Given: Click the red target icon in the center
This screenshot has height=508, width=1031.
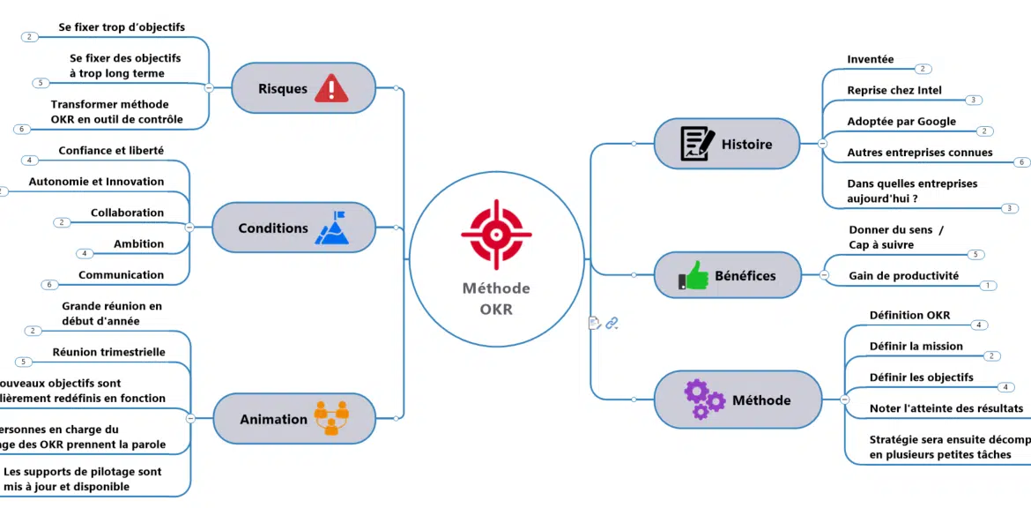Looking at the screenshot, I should click(x=496, y=234).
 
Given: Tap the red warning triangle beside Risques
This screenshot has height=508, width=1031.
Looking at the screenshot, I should click(x=331, y=88).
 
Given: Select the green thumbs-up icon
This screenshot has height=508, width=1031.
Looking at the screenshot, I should click(x=694, y=275).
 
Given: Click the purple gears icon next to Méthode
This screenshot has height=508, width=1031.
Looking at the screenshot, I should click(x=704, y=399).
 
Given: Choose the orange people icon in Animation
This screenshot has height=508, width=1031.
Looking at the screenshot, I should click(x=331, y=418).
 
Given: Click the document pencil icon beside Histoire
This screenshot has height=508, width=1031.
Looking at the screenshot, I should click(x=697, y=144).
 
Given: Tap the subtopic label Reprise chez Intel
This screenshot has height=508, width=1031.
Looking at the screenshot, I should click(x=894, y=90).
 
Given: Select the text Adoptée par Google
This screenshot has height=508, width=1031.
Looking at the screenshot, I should click(x=901, y=122).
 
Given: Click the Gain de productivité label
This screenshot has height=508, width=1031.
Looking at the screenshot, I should click(x=903, y=276).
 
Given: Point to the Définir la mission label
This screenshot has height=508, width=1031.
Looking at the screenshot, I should click(x=916, y=346).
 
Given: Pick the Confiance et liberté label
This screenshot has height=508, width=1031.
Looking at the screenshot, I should click(x=111, y=151).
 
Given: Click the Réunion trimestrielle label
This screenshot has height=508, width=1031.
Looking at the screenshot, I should click(x=108, y=352).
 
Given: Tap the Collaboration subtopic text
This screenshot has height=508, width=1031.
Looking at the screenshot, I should click(x=127, y=213).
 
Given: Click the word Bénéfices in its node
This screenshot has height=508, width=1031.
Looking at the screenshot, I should click(x=745, y=276).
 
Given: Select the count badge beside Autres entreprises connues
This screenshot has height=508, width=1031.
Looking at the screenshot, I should click(x=1022, y=162).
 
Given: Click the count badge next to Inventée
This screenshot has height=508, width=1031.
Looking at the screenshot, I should click(x=923, y=69).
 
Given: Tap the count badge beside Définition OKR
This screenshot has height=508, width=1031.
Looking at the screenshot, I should click(x=978, y=325).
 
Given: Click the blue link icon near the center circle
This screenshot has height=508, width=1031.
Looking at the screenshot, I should click(x=612, y=324).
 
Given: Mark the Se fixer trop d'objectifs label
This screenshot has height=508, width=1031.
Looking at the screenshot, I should click(x=122, y=27).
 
